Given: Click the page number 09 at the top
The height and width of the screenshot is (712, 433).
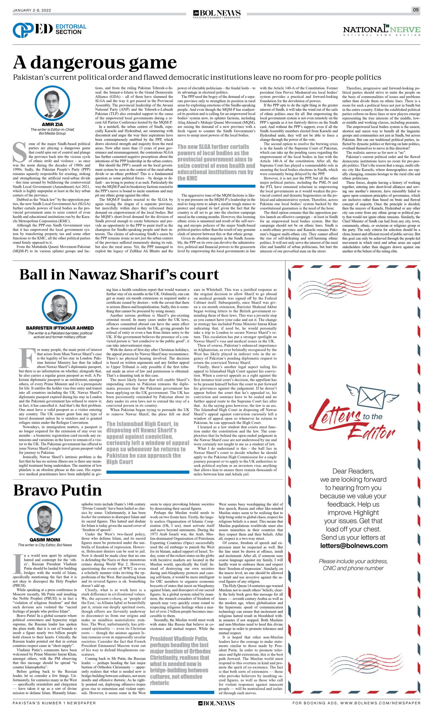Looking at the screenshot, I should [416, 10].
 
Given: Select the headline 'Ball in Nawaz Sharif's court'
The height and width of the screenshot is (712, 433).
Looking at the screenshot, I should [119, 275].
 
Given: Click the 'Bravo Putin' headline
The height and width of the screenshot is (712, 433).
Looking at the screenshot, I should [57, 490].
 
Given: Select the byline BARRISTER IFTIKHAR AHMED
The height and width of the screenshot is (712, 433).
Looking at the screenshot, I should [60, 328].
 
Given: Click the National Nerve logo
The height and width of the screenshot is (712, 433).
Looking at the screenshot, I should [381, 30].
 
